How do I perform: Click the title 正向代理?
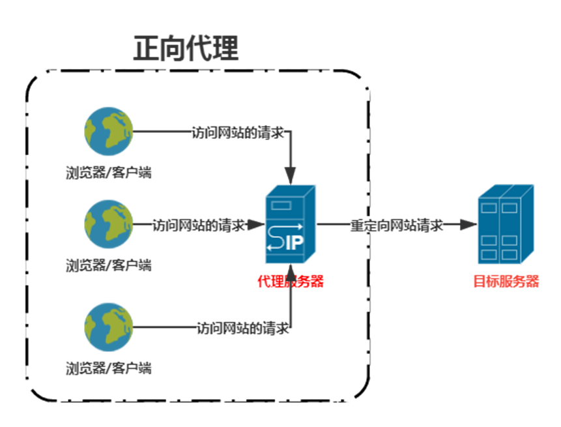[x=186, y=49]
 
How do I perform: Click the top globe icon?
[x=108, y=131]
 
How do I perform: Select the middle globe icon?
[x=108, y=224]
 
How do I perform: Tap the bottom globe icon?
[x=108, y=327]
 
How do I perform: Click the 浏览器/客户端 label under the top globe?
[x=109, y=173]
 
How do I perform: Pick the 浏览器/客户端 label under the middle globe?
[x=109, y=265]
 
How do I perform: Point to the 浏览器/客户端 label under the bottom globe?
[x=109, y=368]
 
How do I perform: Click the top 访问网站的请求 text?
[x=238, y=132]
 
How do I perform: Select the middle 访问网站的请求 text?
[x=199, y=226]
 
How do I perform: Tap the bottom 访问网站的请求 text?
[x=243, y=328]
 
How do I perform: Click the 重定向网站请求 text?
[x=397, y=226]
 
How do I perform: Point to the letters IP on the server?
[x=294, y=244]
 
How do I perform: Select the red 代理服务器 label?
[x=290, y=282]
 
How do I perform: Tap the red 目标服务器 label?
[x=506, y=282]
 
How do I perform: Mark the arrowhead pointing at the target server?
[x=469, y=225]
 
